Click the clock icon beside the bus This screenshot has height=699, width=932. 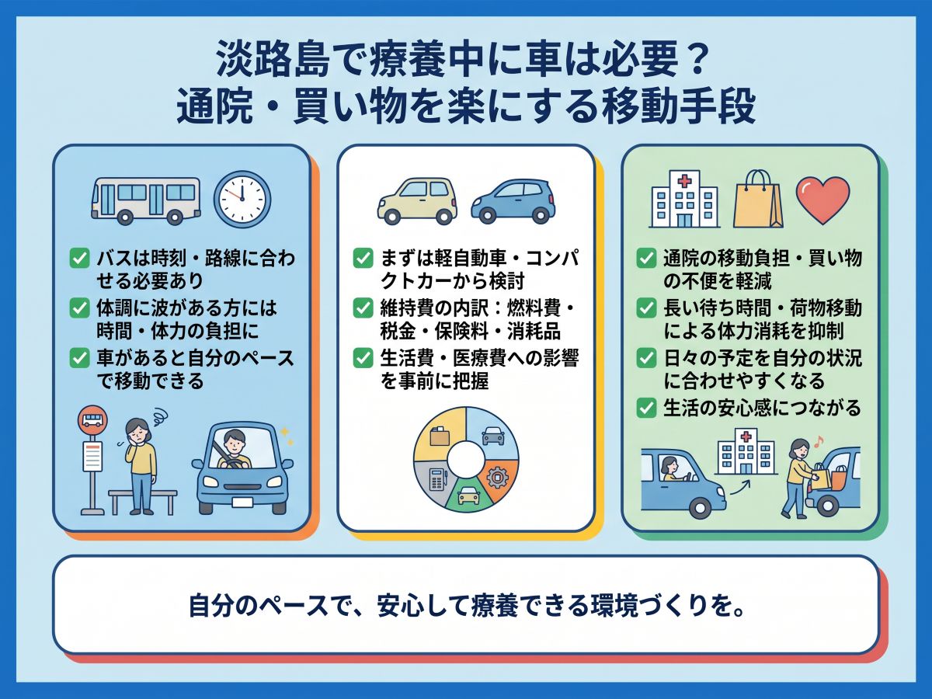tap(242, 199)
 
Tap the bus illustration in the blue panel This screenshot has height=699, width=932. tap(146, 200)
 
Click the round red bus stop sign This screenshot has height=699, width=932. tap(92, 420)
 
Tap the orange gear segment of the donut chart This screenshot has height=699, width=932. tap(498, 478)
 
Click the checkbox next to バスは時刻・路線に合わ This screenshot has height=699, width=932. tap(79, 258)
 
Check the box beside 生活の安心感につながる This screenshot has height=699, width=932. tap(647, 409)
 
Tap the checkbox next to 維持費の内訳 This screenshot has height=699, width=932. tap(363, 308)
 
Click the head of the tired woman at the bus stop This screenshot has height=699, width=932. tap(137, 431)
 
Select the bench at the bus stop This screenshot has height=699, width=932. tap(143, 503)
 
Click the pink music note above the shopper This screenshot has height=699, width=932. tap(818, 442)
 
